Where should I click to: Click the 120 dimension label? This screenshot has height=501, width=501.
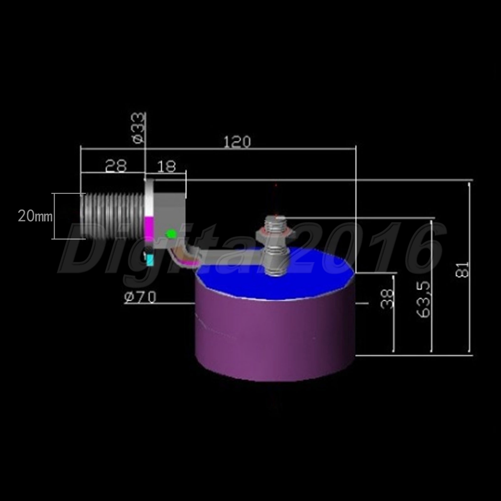click(x=237, y=142)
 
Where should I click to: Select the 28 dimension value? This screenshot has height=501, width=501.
click(x=116, y=166)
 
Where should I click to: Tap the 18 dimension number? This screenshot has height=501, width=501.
click(x=166, y=166)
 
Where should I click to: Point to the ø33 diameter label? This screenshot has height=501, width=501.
click(x=138, y=128)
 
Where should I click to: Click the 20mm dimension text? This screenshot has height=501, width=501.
click(x=35, y=216)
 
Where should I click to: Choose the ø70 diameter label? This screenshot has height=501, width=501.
click(x=140, y=297)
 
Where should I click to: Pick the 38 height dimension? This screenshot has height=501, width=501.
click(x=387, y=299)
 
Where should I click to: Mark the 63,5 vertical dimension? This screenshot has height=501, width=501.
click(x=424, y=300)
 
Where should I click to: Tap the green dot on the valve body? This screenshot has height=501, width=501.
click(x=171, y=234)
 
